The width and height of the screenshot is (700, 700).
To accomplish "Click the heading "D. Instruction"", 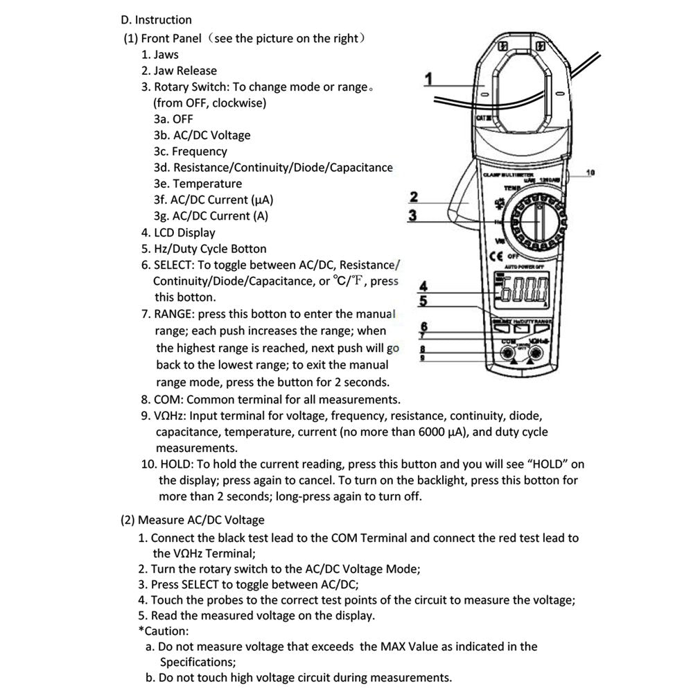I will (x=156, y=19).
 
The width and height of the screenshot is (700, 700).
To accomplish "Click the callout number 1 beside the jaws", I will (x=429, y=79).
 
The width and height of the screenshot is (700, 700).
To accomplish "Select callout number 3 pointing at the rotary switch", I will (x=413, y=215).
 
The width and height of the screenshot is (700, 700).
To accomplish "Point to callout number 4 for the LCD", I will (x=423, y=286).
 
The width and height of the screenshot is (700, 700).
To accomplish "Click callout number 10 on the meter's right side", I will (x=590, y=172).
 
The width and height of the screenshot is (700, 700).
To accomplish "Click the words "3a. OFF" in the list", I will (x=173, y=119).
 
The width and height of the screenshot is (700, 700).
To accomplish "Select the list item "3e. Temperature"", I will (x=198, y=184).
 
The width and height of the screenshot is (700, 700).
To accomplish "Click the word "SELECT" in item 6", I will (x=173, y=265).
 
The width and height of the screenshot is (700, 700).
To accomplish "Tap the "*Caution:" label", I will (x=163, y=631).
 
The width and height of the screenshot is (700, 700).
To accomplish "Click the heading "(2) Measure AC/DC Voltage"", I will (x=192, y=519).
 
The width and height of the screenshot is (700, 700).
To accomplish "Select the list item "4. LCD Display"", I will (x=178, y=233).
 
